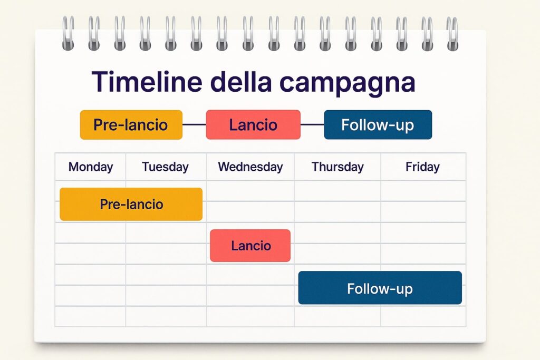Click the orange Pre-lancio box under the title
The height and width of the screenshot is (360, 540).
[x=131, y=125]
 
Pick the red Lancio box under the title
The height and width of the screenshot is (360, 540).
[x=253, y=125]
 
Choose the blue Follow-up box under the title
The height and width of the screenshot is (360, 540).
[x=378, y=125]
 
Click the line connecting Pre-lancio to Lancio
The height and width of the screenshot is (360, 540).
[x=194, y=125]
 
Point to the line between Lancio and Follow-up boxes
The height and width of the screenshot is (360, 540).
[x=312, y=125]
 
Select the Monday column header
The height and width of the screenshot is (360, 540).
[x=91, y=167]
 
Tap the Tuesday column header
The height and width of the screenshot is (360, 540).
[x=165, y=167]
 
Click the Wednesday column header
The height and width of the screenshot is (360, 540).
[x=250, y=167]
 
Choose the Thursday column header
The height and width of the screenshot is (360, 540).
[x=337, y=167]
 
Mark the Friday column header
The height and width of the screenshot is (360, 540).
[x=422, y=167]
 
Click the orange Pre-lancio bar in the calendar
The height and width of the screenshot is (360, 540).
[x=131, y=204]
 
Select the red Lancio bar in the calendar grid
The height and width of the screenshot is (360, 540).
[x=250, y=246]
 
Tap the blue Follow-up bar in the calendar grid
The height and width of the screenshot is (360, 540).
[x=380, y=288]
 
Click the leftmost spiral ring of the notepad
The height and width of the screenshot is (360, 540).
[x=68, y=33]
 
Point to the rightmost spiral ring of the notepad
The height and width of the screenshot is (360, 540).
[x=452, y=33]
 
